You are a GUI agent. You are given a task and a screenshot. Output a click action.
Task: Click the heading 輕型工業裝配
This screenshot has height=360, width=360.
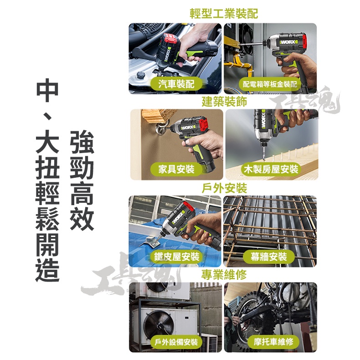[224, 14]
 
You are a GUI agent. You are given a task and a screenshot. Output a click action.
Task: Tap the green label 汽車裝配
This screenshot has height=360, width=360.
[176, 84]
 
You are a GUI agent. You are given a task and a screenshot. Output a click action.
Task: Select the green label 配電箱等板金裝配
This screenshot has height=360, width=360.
[270, 84]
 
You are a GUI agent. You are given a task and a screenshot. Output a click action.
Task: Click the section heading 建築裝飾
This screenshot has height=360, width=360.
[224, 102]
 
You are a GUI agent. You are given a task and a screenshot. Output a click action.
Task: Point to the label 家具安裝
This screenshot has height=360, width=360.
[176, 170]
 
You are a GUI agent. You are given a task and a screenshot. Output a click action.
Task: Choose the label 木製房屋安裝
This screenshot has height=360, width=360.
[271, 170]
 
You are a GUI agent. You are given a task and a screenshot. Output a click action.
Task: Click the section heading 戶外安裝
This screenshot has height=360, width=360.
[224, 188]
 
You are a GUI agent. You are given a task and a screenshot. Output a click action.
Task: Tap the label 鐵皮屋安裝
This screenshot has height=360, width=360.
[176, 257]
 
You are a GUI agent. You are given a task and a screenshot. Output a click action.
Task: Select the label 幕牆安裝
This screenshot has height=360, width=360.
[268, 257]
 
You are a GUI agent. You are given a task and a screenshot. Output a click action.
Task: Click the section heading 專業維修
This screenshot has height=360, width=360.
[224, 275]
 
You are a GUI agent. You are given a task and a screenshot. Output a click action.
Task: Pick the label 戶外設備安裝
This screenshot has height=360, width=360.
[176, 342]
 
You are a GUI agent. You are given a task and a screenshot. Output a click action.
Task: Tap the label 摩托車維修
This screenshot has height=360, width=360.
[273, 342]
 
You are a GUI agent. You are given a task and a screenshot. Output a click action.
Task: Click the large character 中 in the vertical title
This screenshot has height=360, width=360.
[47, 90]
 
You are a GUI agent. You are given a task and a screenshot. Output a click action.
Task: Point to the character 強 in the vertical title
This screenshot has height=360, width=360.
[82, 142]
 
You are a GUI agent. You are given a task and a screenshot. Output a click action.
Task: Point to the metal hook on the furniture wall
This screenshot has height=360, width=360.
[161, 129]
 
